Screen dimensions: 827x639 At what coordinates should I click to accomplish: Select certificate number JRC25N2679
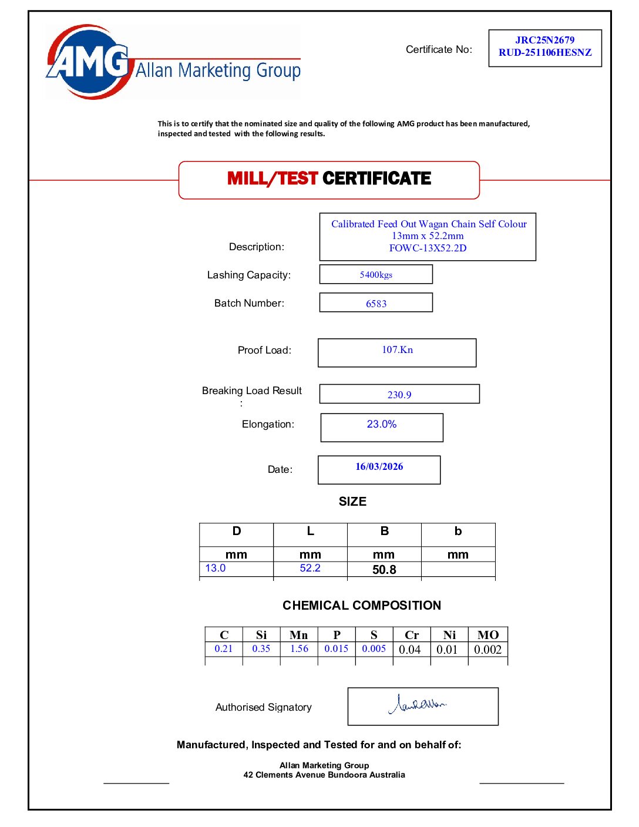pyautogui.click(x=544, y=40)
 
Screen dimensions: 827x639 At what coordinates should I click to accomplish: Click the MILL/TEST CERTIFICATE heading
pyautogui.click(x=329, y=179)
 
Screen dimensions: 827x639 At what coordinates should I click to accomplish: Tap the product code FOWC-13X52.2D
pyautogui.click(x=428, y=248)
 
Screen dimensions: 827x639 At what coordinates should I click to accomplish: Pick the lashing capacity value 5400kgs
pyautogui.click(x=376, y=274)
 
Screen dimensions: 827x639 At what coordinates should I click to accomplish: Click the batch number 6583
pyautogui.click(x=376, y=304)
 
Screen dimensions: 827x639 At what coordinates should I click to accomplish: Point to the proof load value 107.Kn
pyautogui.click(x=397, y=349)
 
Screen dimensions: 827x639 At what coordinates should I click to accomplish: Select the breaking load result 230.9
pyautogui.click(x=399, y=395)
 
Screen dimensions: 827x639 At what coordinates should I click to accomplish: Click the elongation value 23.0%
pyautogui.click(x=382, y=424)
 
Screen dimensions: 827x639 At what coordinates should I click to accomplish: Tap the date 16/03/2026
pyautogui.click(x=379, y=466)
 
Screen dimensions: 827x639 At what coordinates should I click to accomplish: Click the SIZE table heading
pyautogui.click(x=352, y=502)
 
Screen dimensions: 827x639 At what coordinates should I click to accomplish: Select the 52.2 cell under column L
pyautogui.click(x=310, y=568)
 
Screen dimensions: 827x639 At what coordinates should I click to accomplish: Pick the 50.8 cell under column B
pyautogui.click(x=384, y=570)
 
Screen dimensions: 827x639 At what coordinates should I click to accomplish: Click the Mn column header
pyautogui.click(x=298, y=635)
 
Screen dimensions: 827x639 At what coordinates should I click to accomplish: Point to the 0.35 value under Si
pyautogui.click(x=261, y=648)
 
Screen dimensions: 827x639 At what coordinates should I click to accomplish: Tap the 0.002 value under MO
pyautogui.click(x=487, y=650)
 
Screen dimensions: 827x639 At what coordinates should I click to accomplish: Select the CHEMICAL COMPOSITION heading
pyautogui.click(x=362, y=606)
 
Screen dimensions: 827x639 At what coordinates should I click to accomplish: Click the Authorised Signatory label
pyautogui.click(x=263, y=707)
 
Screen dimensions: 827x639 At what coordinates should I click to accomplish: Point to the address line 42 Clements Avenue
pyautogui.click(x=324, y=775)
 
